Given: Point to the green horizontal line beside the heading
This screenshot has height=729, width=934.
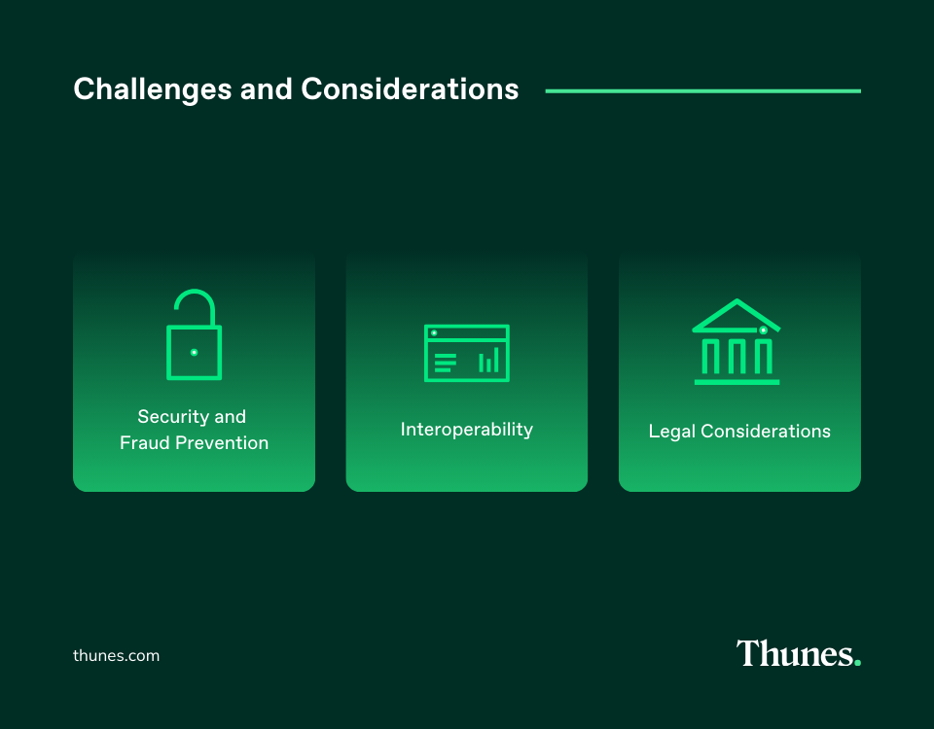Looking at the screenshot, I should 702,91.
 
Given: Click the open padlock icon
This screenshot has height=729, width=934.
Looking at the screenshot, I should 194,335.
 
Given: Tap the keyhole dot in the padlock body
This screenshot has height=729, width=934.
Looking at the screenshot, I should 194,352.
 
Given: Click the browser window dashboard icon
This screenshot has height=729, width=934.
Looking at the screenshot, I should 467,353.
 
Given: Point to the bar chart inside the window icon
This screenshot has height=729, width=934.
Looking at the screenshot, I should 488,361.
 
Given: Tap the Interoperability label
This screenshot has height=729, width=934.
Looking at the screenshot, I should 467,429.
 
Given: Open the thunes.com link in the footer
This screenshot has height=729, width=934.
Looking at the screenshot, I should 116,655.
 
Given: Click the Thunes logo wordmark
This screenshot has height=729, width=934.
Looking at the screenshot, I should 793,653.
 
